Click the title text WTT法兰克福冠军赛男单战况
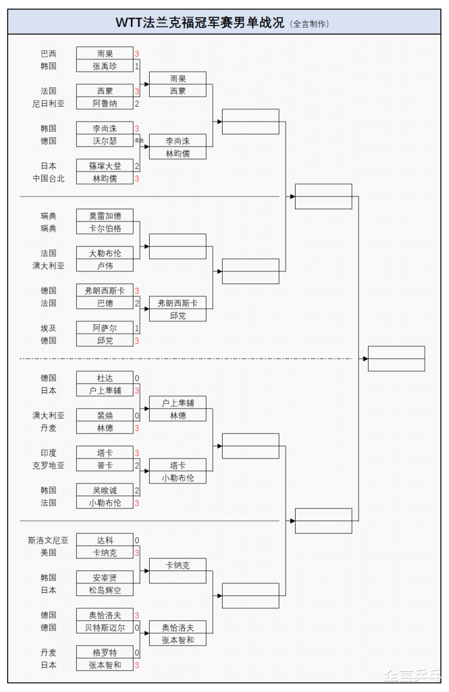[200, 23]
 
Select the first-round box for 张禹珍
[104, 66]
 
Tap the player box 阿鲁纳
[104, 104]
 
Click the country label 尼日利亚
[49, 104]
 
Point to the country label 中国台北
[49, 178]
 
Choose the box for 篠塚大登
[104, 166]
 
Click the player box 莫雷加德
[104, 216]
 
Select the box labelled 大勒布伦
[104, 253]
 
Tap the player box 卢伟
[104, 266]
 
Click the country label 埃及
[49, 328]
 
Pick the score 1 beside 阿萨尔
[137, 328]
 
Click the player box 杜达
[104, 378]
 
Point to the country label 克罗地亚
[49, 465]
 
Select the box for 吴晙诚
[104, 490]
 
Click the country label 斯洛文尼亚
[49, 540]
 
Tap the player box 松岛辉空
[104, 590]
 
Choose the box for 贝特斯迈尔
[104, 628]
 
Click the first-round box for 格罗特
[104, 653]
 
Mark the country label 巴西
[49, 54]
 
